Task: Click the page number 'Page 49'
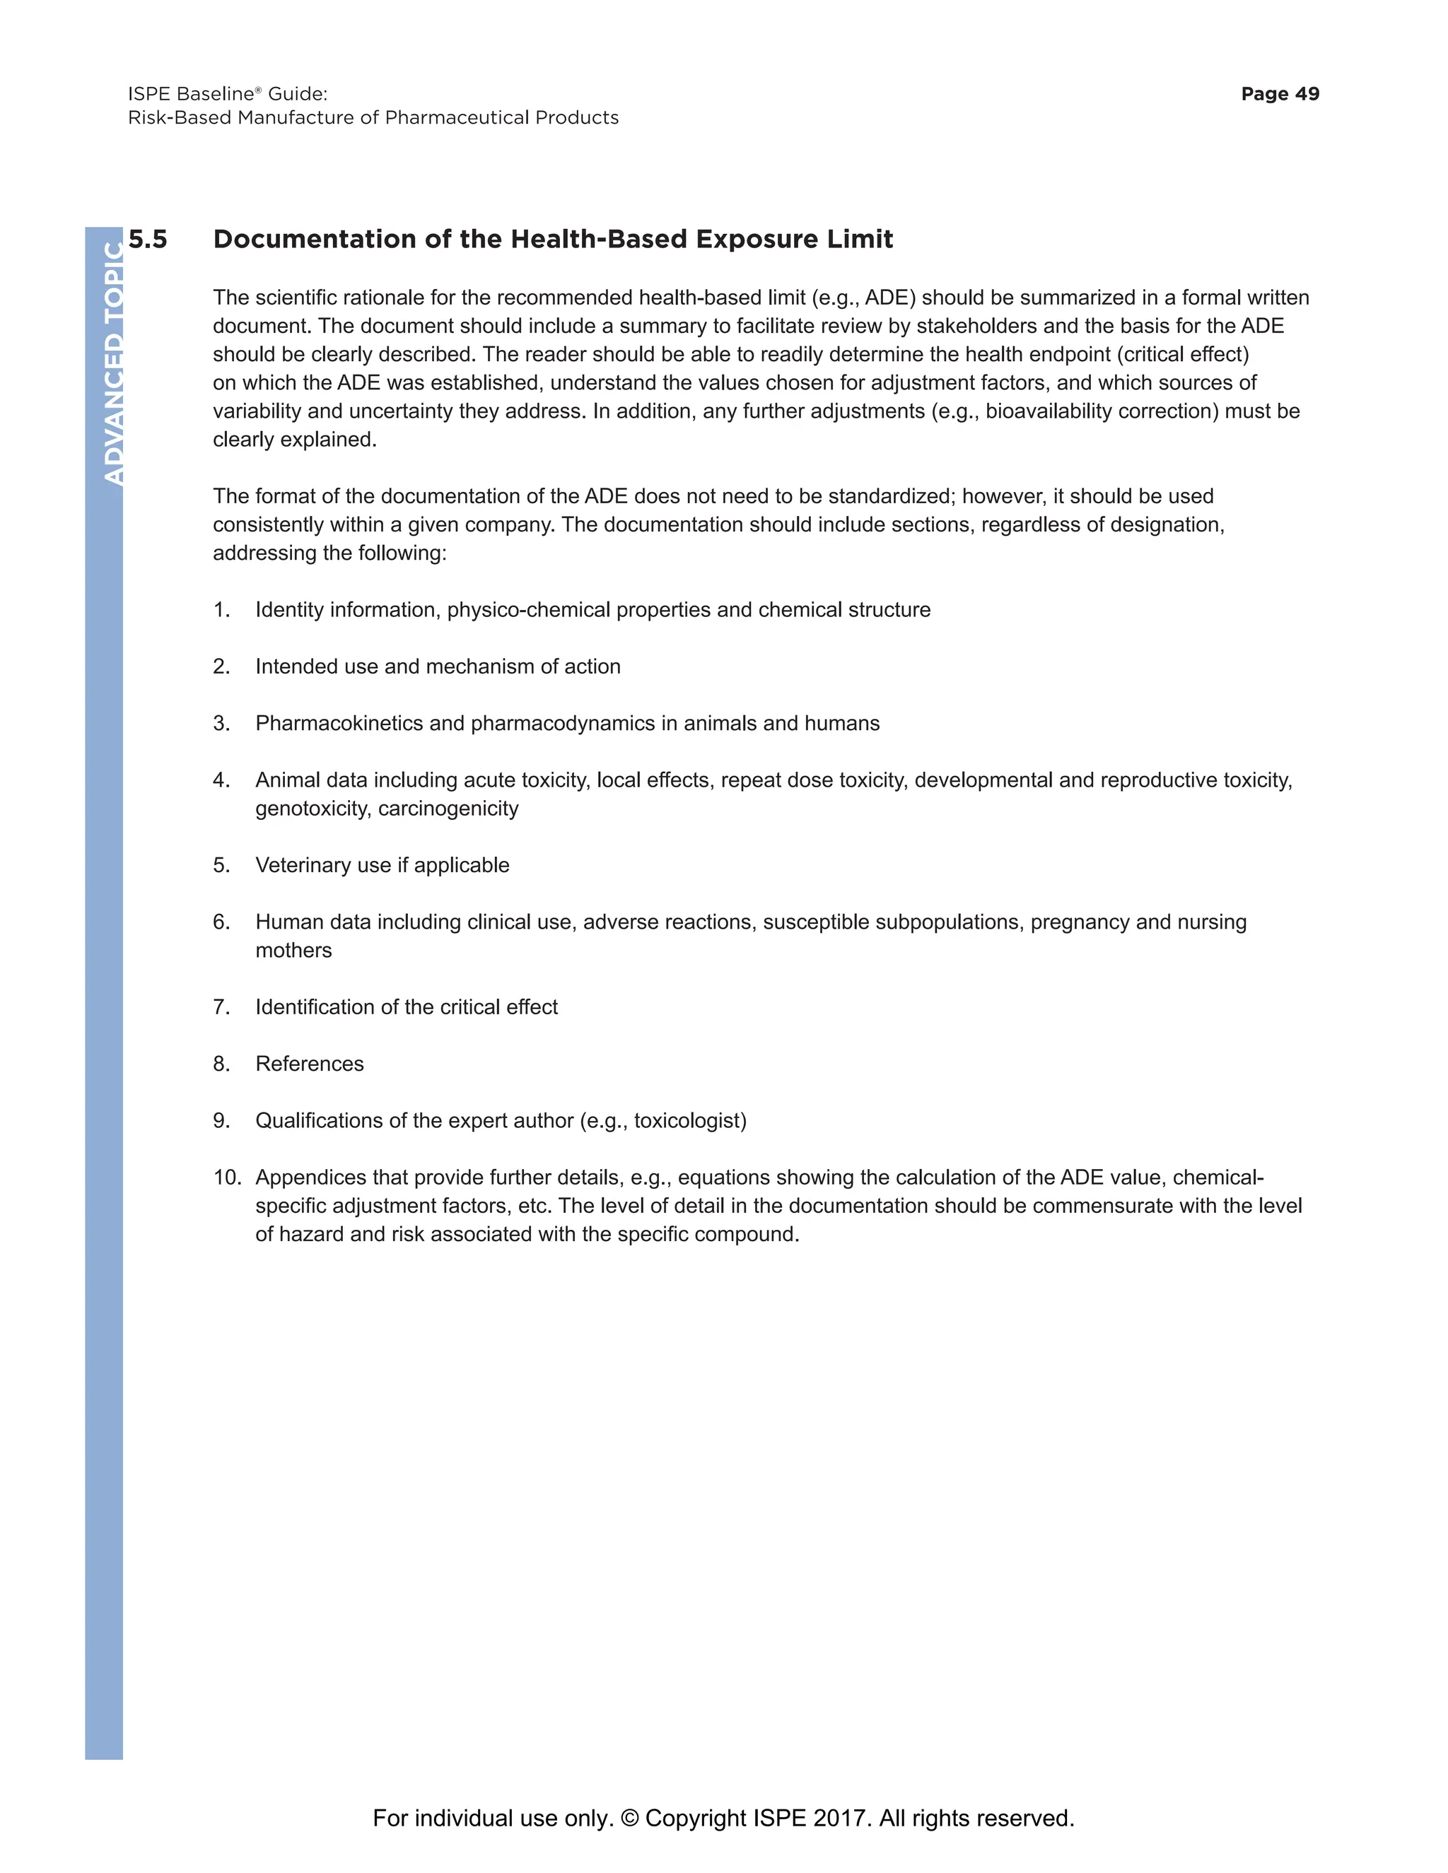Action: coord(1279,93)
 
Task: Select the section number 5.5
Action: coord(148,240)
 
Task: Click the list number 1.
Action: coord(221,610)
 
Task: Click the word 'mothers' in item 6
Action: coord(293,950)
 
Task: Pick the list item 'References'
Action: coord(309,1064)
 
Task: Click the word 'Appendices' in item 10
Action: coord(310,1178)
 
